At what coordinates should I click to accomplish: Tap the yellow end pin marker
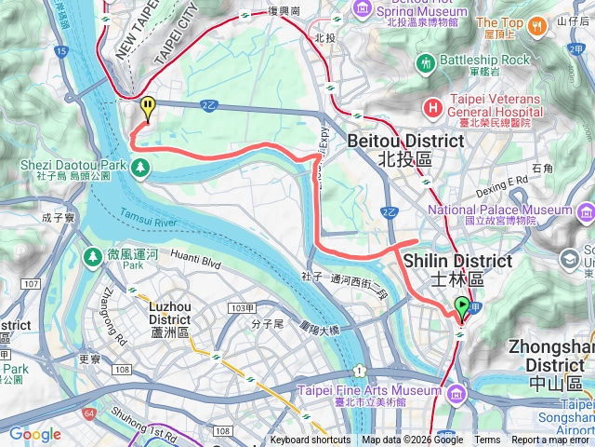click(147, 107)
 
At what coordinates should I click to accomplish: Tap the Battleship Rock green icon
click(426, 62)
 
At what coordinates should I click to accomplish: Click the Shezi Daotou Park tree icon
click(139, 168)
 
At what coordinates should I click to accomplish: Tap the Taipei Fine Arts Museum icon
click(456, 396)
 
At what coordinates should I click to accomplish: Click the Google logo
click(34, 434)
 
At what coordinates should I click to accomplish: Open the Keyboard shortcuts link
click(311, 440)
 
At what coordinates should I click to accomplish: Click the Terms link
click(487, 440)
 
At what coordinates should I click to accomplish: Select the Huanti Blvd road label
click(195, 264)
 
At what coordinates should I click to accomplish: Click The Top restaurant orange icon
click(537, 27)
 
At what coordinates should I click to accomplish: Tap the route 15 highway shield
click(61, 52)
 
